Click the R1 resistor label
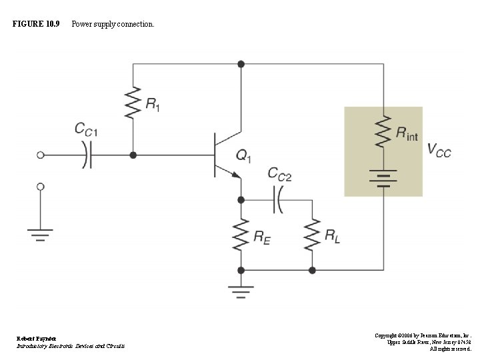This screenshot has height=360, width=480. [153, 104]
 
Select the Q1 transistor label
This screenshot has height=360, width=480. [243, 157]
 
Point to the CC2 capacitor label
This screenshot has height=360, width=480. [279, 174]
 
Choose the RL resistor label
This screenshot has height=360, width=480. [332, 235]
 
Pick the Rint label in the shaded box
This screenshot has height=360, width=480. [407, 133]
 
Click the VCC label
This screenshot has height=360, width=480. [439, 151]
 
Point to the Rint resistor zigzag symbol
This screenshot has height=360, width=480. [383, 131]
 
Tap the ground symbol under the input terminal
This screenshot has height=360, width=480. [41, 234]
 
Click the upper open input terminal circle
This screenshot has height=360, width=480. [41, 155]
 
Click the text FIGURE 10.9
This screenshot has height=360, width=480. [36, 24]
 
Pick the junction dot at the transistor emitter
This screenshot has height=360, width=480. [241, 199]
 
